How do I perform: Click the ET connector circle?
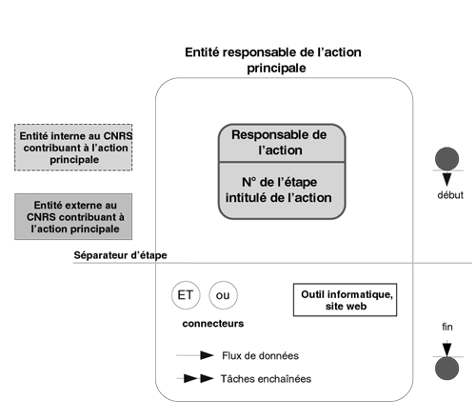click(x=186, y=295)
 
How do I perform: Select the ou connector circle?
click(x=223, y=295)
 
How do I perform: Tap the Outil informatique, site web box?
click(x=345, y=300)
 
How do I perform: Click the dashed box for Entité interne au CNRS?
click(x=73, y=148)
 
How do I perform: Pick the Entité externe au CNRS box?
click(x=73, y=216)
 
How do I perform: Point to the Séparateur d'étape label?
click(x=120, y=255)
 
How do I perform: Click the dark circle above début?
click(x=446, y=158)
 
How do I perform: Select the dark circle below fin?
click(x=446, y=369)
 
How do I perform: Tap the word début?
click(x=450, y=195)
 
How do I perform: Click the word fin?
click(x=447, y=327)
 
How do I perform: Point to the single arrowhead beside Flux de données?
click(x=207, y=355)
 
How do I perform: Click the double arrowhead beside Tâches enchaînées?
click(x=199, y=378)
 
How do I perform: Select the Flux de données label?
click(x=260, y=355)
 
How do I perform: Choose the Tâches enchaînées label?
click(x=266, y=379)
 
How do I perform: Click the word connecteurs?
click(x=213, y=324)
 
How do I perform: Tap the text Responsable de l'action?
click(x=279, y=142)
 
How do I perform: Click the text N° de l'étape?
click(x=279, y=182)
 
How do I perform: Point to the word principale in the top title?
click(x=276, y=68)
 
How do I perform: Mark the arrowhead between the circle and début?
click(x=446, y=179)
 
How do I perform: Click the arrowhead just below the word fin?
click(x=446, y=350)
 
